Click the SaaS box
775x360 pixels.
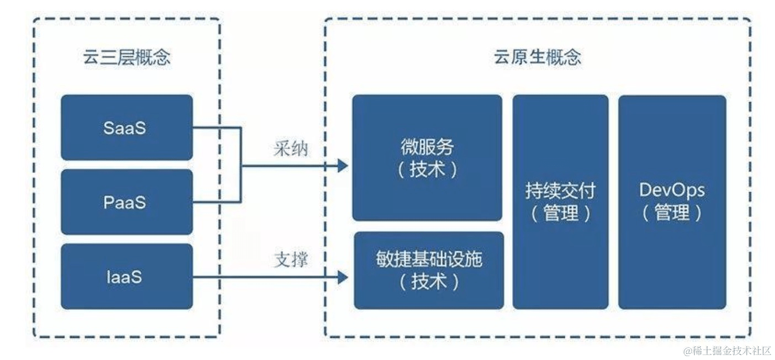click(126, 128)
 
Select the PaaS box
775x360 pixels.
click(126, 202)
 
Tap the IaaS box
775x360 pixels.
click(126, 276)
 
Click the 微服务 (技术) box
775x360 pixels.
click(427, 158)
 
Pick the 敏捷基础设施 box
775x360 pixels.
click(428, 270)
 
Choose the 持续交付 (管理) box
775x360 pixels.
click(560, 202)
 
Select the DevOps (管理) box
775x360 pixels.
click(672, 202)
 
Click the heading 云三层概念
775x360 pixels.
click(126, 58)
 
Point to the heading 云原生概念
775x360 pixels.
click(537, 57)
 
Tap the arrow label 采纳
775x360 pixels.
click(290, 149)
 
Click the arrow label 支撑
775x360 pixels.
click(290, 260)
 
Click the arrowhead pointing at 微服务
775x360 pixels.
click(343, 165)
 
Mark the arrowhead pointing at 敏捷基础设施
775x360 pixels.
click(343, 277)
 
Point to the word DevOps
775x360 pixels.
click(672, 190)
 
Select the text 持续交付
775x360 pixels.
click(560, 191)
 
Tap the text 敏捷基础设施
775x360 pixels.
click(428, 259)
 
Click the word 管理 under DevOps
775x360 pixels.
click(672, 213)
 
